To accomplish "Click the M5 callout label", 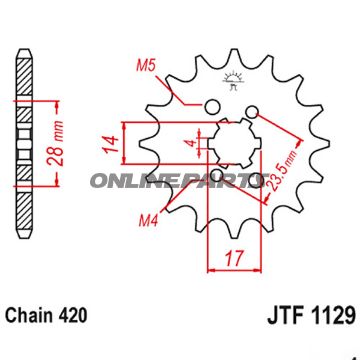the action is point(146,66).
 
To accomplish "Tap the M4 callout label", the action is point(148,220).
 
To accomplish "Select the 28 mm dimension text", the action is point(57,143).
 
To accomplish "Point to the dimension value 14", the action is point(110,144).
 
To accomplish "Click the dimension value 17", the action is point(234,258).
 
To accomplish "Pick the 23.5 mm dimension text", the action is point(282,171).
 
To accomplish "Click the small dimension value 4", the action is point(191,143).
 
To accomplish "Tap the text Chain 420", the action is point(46,315).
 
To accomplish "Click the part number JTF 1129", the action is point(311,315).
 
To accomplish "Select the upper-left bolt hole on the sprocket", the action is point(212,107).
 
